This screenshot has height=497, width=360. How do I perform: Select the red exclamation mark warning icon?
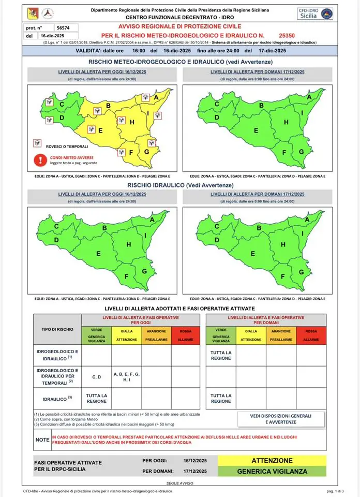(x=39, y=160)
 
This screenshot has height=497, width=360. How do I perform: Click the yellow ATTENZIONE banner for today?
(x=272, y=460)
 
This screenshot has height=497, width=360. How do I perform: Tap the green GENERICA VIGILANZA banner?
(x=272, y=471)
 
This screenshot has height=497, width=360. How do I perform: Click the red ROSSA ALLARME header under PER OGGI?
(x=186, y=335)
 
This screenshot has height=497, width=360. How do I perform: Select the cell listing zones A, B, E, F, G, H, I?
(x=127, y=377)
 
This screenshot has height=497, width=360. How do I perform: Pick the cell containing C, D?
(x=97, y=377)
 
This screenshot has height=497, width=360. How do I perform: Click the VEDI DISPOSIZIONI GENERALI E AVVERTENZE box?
(x=281, y=419)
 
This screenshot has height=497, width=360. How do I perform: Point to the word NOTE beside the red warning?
(x=42, y=440)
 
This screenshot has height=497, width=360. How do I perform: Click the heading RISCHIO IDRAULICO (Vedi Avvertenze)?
(x=180, y=185)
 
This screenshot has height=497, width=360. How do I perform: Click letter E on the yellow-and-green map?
(x=101, y=130)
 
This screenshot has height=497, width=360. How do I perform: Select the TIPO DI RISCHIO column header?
(x=57, y=329)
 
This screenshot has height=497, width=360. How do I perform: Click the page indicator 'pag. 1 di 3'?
(x=336, y=490)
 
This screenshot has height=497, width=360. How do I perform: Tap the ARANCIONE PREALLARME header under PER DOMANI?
(x=281, y=335)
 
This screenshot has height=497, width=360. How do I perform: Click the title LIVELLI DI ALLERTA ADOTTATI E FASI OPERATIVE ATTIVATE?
(x=180, y=308)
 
